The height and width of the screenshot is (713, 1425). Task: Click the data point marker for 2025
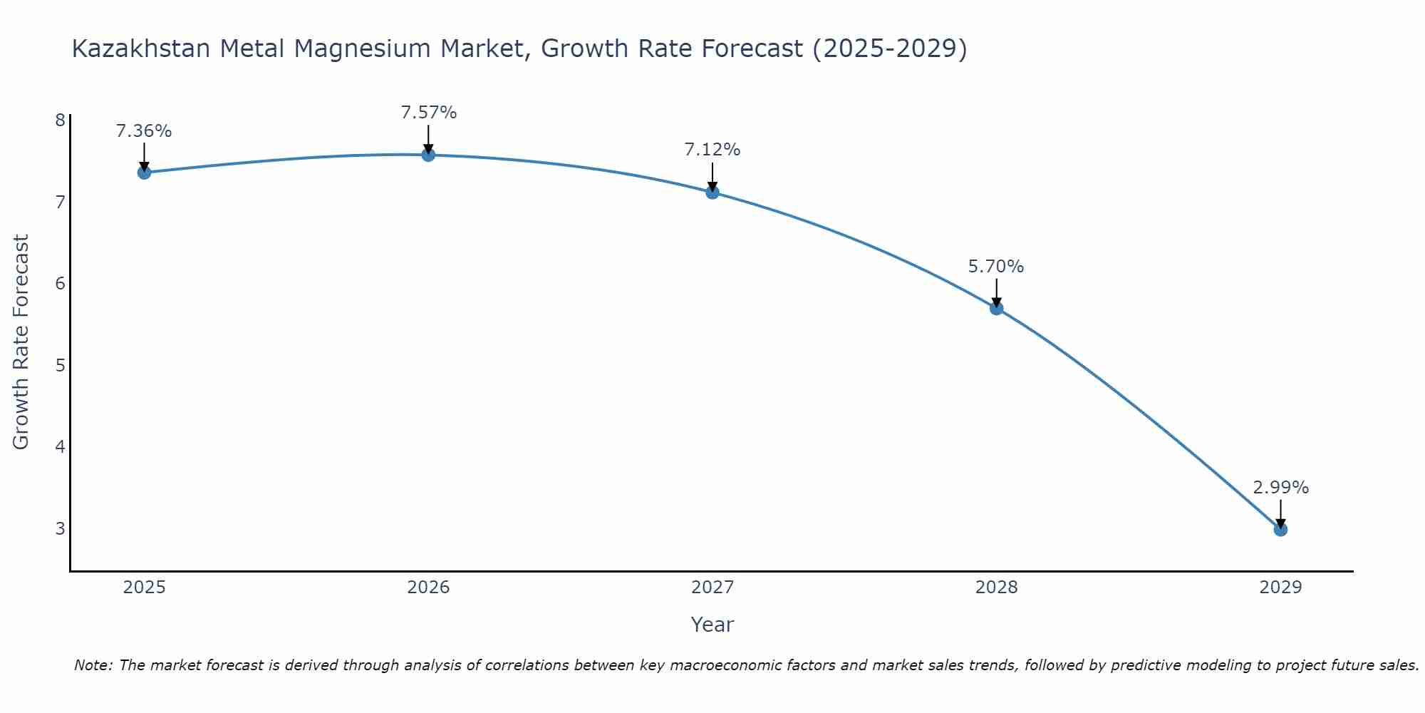tap(144, 173)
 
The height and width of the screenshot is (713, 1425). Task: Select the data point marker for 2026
tap(428, 155)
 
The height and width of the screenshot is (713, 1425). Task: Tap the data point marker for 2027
tap(712, 192)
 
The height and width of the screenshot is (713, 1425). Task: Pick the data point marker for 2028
tap(997, 308)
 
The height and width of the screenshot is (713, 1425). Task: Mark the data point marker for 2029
tap(1280, 530)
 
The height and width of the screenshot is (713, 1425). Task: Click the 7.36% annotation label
tap(144, 131)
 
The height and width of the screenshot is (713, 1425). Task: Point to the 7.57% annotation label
tap(428, 113)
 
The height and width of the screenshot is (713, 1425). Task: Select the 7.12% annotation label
tap(712, 150)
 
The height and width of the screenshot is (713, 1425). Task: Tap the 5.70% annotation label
tap(996, 267)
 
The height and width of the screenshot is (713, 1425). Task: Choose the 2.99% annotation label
tap(1280, 488)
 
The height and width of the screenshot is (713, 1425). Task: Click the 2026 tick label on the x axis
tap(428, 588)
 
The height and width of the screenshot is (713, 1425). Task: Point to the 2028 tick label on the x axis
tap(997, 588)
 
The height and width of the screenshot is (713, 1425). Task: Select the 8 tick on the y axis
tap(61, 120)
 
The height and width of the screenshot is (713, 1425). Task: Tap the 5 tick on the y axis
tap(61, 365)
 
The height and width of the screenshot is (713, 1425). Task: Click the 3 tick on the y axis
tap(61, 528)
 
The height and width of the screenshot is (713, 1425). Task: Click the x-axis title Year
tap(712, 625)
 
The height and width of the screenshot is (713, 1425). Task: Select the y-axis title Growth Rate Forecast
tap(21, 342)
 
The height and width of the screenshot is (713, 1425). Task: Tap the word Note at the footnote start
tap(93, 665)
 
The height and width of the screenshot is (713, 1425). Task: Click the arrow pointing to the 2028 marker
tap(997, 292)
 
